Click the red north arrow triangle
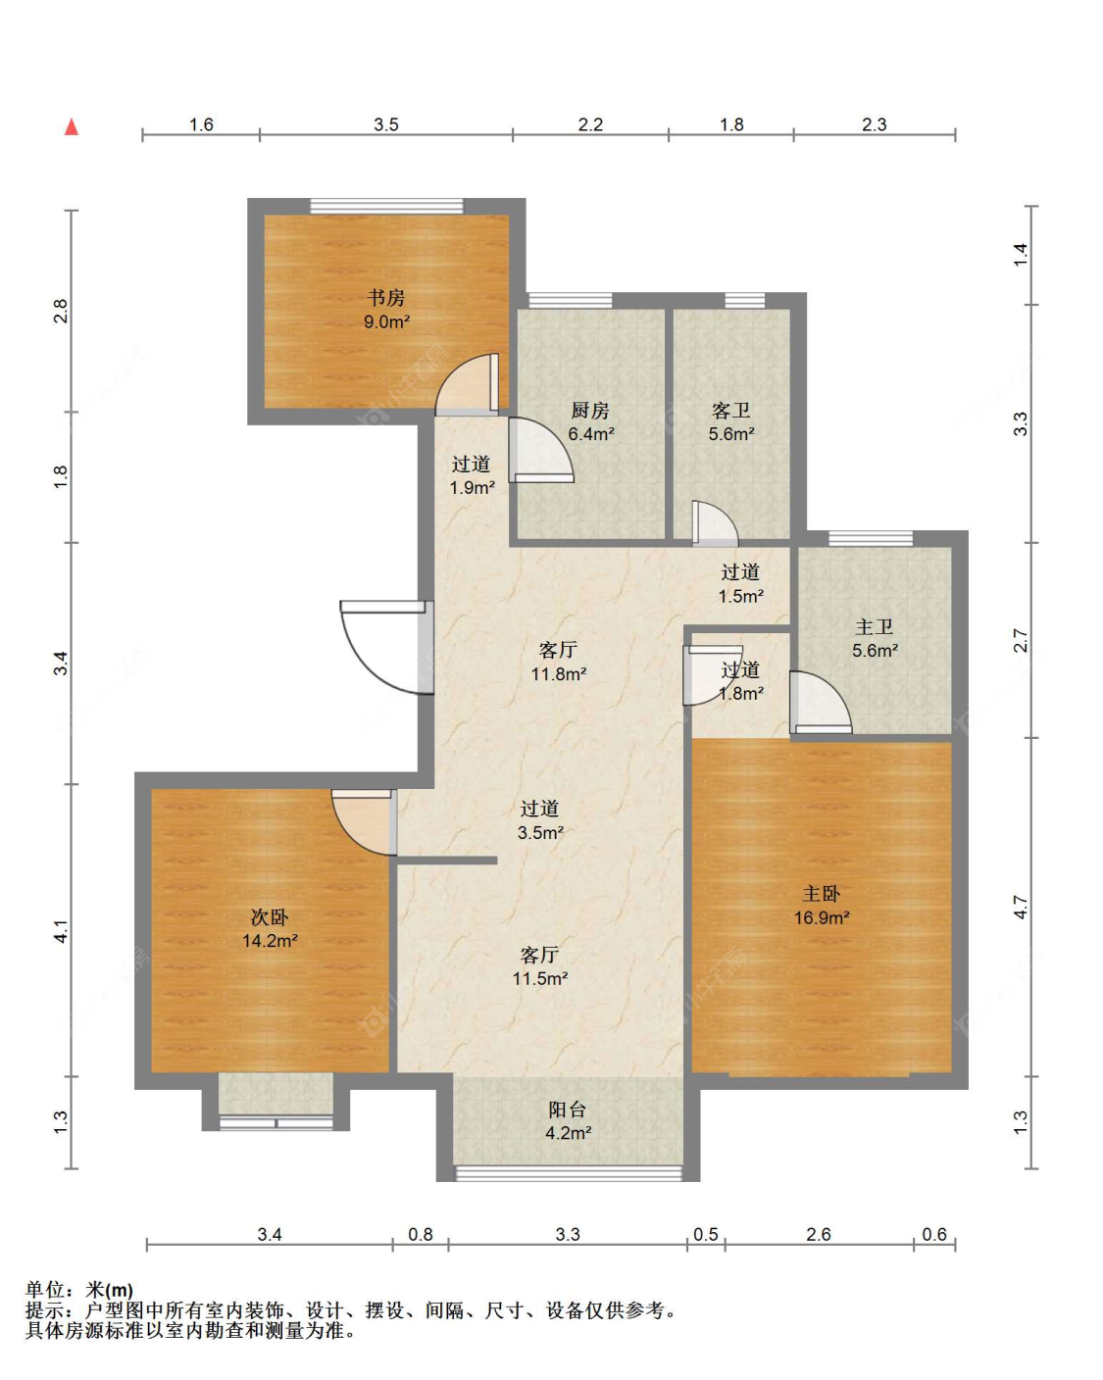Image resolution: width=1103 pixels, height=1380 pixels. click(72, 127)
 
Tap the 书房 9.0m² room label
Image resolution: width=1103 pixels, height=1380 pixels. click(386, 309)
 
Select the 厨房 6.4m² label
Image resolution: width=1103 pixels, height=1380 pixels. click(590, 421)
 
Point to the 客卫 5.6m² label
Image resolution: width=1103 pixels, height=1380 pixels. click(730, 421)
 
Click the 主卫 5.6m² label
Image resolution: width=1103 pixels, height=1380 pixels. click(874, 638)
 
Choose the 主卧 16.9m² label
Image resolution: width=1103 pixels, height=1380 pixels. click(822, 905)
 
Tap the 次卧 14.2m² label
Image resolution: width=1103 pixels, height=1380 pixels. click(270, 928)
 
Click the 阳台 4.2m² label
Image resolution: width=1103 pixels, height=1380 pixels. click(568, 1120)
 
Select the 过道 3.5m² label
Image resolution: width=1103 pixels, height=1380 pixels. click(539, 820)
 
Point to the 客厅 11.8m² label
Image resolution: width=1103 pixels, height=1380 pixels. click(558, 662)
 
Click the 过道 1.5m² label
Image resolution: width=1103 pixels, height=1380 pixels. click(740, 583)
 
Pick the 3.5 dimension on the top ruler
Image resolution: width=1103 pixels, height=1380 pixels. click(386, 123)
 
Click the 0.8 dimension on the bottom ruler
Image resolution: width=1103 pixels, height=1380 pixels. click(421, 1234)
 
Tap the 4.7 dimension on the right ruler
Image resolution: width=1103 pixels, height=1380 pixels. click(1020, 907)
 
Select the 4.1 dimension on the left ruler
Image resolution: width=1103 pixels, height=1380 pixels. click(60, 930)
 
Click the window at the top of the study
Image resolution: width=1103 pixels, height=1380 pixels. click(386, 206)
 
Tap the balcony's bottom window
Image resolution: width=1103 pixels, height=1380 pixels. click(569, 1173)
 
